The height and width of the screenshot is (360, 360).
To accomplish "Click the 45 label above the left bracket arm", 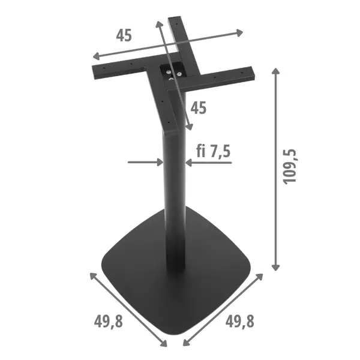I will pos(124,35).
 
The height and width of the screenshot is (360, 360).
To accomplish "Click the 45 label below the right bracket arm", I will pos(198,108).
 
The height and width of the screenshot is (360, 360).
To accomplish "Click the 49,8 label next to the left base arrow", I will pos(108,322).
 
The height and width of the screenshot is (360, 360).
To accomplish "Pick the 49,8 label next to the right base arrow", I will pos(239,322).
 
